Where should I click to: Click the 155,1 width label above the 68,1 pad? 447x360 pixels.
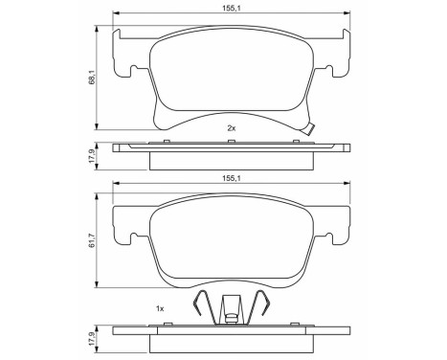click(231, 6)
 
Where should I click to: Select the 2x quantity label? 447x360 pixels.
click(231, 127)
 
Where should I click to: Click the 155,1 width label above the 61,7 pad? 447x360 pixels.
click(231, 177)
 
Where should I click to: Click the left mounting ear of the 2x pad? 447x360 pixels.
click(123, 57)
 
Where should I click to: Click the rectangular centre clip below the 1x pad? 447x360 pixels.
click(231, 308)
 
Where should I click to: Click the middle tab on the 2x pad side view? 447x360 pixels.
click(231, 142)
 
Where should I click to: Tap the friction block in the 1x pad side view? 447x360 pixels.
click(231, 343)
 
